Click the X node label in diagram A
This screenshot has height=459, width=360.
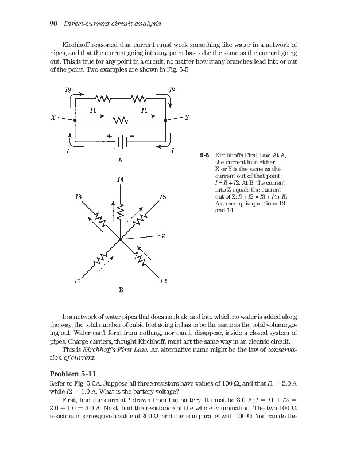52,118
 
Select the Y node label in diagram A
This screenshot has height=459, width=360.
187,117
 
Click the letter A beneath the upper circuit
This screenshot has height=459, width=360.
119,160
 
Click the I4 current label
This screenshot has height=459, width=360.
119,180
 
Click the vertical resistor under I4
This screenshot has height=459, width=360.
119,215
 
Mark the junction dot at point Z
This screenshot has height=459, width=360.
119,239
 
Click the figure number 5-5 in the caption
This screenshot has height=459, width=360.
204,155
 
